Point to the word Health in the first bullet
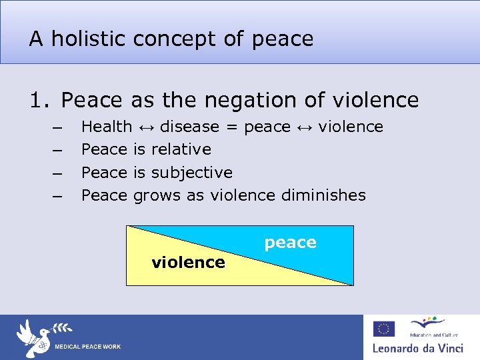pos(106,127)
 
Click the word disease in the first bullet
pos(189,127)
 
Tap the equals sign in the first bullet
pos(231,127)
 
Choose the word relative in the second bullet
pos(181,149)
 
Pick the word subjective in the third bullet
pos(191,173)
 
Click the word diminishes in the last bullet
pos(323,195)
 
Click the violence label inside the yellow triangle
pos(188,263)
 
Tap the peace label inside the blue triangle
pos(290,243)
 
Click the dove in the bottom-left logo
pos(33,336)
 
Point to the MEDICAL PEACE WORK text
pos(87,347)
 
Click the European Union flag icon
pos(383,329)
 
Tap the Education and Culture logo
pos(426,327)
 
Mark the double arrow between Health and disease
pos(146,127)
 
